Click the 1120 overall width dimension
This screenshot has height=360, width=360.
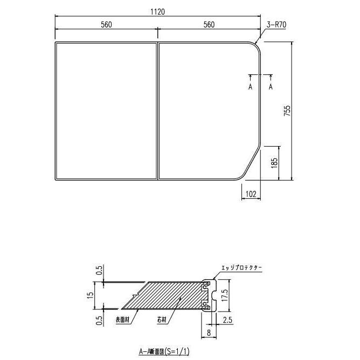click(x=157, y=11)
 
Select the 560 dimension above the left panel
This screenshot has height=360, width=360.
click(x=106, y=24)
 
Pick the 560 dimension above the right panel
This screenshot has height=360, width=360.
click(x=209, y=24)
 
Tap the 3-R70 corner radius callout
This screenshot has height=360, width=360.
click(x=276, y=24)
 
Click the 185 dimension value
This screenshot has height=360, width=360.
click(x=274, y=162)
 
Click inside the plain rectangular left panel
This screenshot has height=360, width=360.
click(x=106, y=110)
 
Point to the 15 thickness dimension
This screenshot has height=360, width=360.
click(x=91, y=295)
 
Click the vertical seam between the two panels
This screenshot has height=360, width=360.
click(x=157, y=110)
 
